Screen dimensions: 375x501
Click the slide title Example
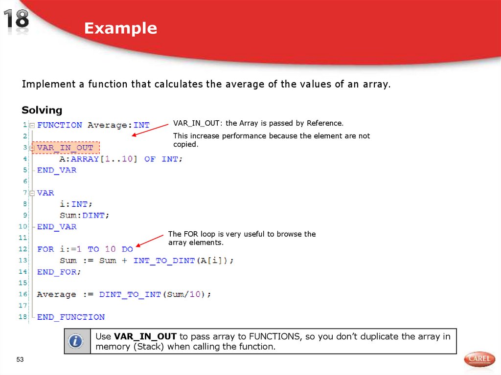[120, 28]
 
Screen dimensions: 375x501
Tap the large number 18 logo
[17, 21]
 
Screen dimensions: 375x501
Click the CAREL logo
[479, 359]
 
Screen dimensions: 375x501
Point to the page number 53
[20, 360]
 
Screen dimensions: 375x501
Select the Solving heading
[42, 110]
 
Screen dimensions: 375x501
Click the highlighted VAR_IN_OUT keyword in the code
[65, 148]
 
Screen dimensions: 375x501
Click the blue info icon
[76, 341]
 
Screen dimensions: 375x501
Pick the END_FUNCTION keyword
[71, 317]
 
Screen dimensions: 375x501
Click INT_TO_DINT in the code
[157, 261]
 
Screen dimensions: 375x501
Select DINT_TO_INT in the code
[130, 294]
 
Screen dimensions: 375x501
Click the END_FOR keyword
[59, 272]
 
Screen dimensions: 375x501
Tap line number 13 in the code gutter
[23, 261]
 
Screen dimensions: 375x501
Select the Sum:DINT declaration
[85, 215]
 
